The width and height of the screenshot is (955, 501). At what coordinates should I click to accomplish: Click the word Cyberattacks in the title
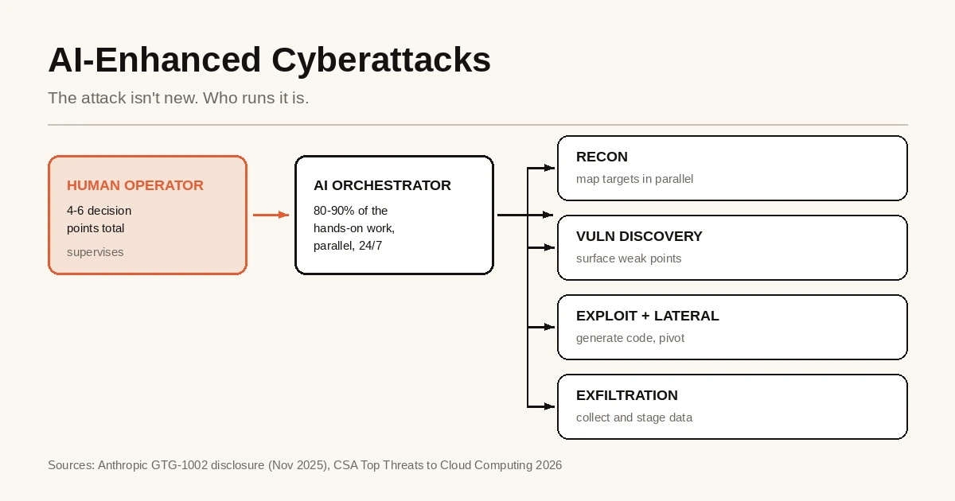(x=381, y=60)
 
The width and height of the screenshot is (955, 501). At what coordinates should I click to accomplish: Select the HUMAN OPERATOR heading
(x=135, y=185)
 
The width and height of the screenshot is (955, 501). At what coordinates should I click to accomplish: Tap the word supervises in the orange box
(x=95, y=252)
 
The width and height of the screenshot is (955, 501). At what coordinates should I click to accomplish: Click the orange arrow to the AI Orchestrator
(x=271, y=216)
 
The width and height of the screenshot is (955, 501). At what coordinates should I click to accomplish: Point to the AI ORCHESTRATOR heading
(x=382, y=185)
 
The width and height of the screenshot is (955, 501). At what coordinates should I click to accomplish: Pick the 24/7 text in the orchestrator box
(x=371, y=246)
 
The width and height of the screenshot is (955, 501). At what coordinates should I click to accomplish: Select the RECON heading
(x=602, y=157)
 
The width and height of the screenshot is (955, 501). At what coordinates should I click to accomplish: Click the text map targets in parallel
(x=634, y=179)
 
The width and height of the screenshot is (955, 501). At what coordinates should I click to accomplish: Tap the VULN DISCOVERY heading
(x=639, y=236)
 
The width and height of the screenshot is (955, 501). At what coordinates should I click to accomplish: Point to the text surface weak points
(x=629, y=258)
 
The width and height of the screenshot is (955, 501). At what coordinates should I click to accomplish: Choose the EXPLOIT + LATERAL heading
(x=647, y=316)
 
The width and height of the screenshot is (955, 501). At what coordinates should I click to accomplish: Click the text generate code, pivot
(x=630, y=338)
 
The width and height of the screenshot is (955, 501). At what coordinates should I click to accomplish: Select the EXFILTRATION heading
(x=627, y=395)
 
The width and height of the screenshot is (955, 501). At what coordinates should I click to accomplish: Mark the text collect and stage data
(x=634, y=417)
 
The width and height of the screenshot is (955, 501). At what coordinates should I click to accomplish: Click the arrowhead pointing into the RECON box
(x=550, y=169)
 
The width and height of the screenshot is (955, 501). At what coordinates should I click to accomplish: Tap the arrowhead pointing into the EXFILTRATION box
(x=550, y=407)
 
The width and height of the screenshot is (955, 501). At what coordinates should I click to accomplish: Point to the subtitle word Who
(x=220, y=98)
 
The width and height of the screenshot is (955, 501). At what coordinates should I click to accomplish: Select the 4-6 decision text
(x=99, y=211)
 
